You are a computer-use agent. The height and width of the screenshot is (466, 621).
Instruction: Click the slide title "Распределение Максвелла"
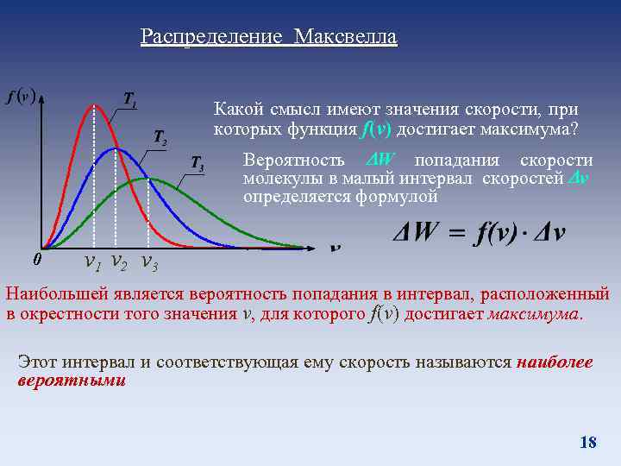tap(268, 37)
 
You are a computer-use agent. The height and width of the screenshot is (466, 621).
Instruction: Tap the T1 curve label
tap(130, 99)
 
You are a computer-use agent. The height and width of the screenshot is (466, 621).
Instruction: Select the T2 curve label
tap(160, 136)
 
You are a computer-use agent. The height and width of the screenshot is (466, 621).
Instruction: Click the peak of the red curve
tap(95, 105)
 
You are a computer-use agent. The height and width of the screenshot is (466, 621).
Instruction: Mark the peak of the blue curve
tap(116, 148)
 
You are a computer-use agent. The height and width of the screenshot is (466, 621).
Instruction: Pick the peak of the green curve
tap(147, 179)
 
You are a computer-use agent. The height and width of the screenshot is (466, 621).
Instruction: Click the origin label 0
tap(34, 259)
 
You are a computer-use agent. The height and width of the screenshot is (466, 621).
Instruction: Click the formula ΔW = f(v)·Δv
tap(479, 235)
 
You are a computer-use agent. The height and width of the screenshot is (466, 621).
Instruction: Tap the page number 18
tap(588, 443)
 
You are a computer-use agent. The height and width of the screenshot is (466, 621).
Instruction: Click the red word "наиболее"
tap(555, 362)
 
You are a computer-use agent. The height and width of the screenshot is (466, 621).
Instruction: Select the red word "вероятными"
tap(72, 380)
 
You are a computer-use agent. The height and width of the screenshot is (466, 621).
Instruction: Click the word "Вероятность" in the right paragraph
tap(294, 161)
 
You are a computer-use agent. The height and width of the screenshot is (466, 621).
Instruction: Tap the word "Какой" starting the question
tap(237, 111)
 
